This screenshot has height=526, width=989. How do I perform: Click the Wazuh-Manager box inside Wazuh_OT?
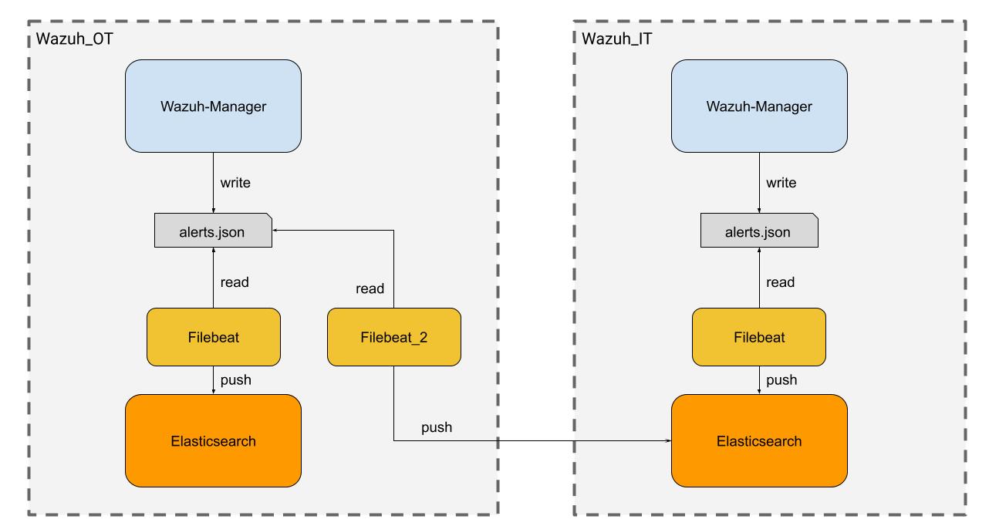tap(213, 106)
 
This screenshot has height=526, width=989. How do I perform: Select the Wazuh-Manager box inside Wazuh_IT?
tap(759, 106)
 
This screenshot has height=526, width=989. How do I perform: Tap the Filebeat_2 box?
tap(393, 337)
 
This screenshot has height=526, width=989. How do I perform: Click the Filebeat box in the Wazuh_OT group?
tap(213, 337)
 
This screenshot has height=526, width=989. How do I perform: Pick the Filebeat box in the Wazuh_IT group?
tap(759, 337)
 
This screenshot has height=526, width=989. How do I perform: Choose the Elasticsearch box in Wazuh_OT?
tap(213, 441)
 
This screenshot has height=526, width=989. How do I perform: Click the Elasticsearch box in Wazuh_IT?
tap(759, 441)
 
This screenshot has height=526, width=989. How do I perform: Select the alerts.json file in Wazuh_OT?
tap(213, 231)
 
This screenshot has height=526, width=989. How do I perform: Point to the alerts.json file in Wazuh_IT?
tap(759, 231)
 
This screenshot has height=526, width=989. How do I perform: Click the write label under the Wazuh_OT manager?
tap(235, 184)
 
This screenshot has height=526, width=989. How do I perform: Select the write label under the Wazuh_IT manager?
tap(781, 184)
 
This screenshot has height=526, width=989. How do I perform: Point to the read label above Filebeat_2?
tap(370, 288)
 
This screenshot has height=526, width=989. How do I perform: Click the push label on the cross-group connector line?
tap(437, 427)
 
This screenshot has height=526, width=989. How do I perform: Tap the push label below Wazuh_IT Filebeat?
tap(781, 379)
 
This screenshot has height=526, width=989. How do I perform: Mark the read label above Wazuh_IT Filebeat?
tap(780, 282)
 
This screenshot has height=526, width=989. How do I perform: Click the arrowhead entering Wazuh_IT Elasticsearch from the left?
tap(668, 441)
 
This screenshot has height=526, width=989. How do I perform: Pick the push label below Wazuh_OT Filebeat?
tap(235, 379)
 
